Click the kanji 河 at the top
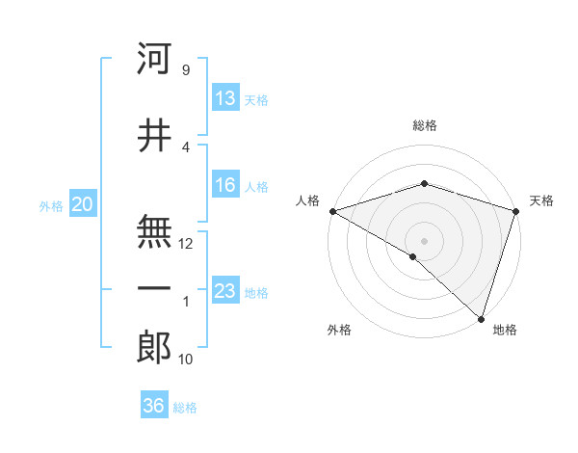(x=154, y=59)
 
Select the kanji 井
(x=154, y=137)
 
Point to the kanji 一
(x=154, y=288)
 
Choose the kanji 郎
(x=154, y=347)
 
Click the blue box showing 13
(x=225, y=97)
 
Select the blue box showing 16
(x=225, y=186)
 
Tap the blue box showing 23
(x=225, y=291)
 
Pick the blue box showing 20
(x=83, y=204)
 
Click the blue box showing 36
(x=154, y=406)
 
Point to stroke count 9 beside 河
(x=185, y=70)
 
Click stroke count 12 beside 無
(x=186, y=244)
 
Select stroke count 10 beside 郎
(x=186, y=360)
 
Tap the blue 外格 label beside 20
(x=51, y=205)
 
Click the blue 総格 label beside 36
(x=185, y=408)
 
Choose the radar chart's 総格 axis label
(x=424, y=126)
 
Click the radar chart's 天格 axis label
(x=541, y=201)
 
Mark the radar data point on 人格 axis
(x=332, y=211)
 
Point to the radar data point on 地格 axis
(x=481, y=318)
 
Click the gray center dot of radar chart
(x=424, y=240)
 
